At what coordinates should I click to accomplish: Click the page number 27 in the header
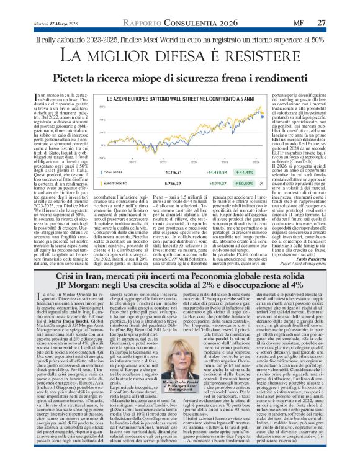click(321, 23)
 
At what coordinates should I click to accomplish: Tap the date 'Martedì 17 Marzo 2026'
click(56, 24)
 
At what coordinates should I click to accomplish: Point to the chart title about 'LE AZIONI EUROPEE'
click(180, 99)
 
